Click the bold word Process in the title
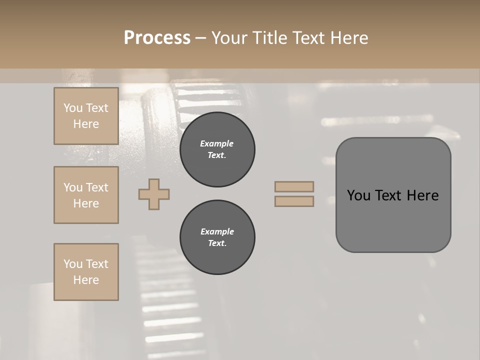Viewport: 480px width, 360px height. tap(157, 38)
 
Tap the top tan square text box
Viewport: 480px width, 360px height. tap(86, 116)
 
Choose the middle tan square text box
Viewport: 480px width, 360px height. tap(86, 195)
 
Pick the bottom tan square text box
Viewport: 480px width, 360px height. tap(86, 272)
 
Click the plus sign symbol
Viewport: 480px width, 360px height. tap(154, 194)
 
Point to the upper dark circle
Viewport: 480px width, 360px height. tap(217, 149)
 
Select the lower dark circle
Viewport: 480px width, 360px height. tap(217, 237)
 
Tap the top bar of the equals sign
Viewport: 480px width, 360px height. tap(294, 186)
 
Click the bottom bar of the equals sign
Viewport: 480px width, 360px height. tap(294, 201)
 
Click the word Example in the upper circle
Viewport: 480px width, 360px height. tap(217, 143)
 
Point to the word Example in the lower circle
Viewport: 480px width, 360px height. tap(217, 231)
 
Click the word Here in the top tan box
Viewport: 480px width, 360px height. tap(86, 124)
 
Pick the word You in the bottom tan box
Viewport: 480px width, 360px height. tap(73, 264)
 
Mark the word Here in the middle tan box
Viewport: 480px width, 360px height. tap(86, 203)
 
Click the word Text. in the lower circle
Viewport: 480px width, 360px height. tap(217, 243)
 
